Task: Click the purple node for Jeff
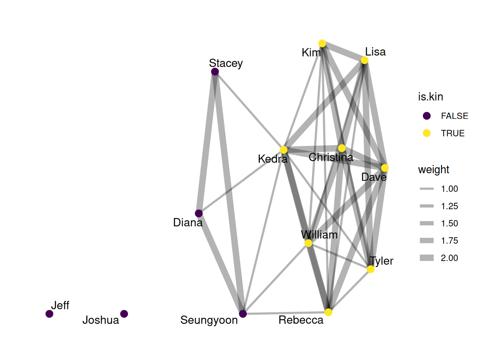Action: [49, 313]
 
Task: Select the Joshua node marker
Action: [124, 313]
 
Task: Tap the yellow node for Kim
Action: [322, 43]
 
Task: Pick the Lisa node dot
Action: [364, 60]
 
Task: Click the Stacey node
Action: [215, 72]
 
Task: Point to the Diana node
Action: [199, 213]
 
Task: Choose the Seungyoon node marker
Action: [243, 313]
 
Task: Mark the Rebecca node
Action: [328, 312]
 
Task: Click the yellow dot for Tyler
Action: [370, 269]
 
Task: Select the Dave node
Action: [385, 168]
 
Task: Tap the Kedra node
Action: [283, 150]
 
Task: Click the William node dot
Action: [308, 243]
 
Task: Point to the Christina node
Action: [342, 148]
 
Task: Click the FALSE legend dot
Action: [427, 116]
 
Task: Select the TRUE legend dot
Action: [427, 133]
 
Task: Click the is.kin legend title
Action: [430, 97]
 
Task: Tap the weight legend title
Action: [433, 169]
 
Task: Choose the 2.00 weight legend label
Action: [449, 258]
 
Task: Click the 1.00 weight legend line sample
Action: [427, 189]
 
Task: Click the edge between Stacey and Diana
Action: [207, 142]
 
